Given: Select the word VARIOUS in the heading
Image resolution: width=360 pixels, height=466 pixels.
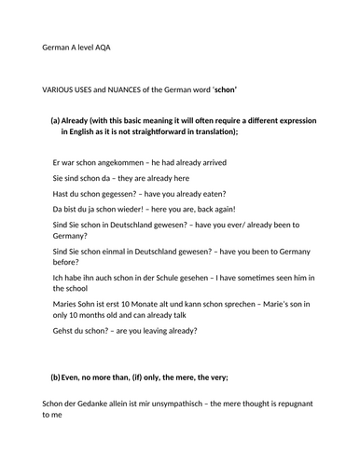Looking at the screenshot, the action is [x=61, y=89].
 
